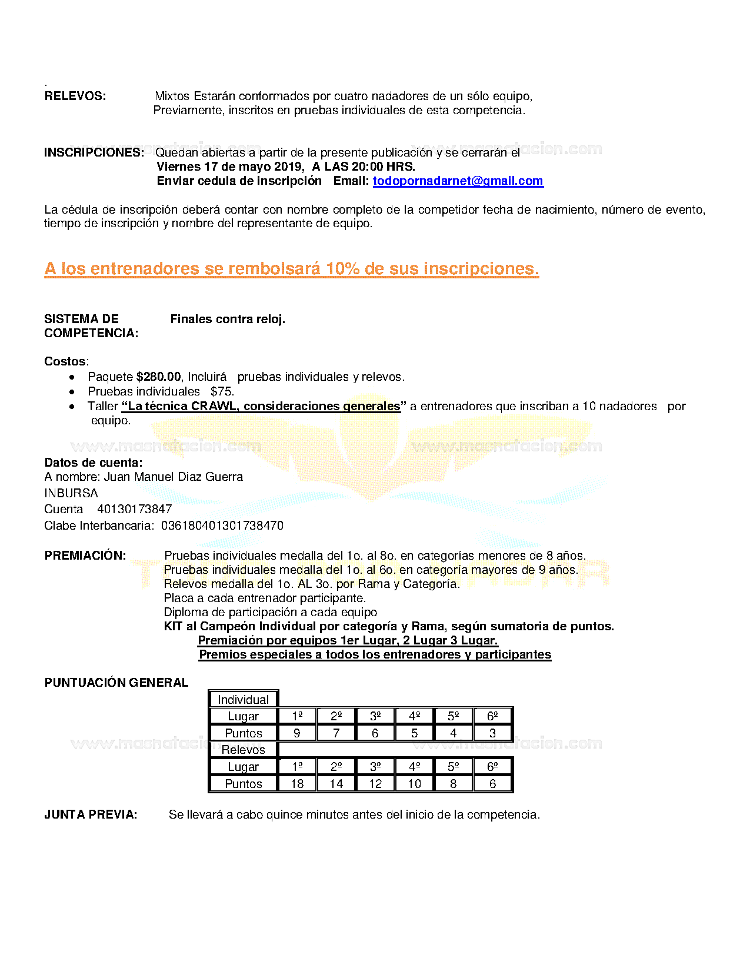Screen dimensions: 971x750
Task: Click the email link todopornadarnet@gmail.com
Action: [x=458, y=181]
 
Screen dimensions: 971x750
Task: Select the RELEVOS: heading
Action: [x=75, y=96]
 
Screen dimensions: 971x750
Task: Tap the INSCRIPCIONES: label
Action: [x=94, y=152]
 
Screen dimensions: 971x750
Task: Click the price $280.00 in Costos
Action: [x=159, y=377]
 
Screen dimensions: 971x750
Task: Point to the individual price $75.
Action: [x=222, y=391]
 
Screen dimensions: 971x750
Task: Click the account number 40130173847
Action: [x=135, y=509]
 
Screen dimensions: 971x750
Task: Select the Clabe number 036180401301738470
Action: [x=222, y=526]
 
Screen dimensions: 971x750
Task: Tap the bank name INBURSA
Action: [x=71, y=493]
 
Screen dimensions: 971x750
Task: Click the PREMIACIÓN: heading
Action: [x=85, y=556]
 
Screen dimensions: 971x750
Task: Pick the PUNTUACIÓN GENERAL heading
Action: [x=116, y=683]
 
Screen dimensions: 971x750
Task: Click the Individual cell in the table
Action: [x=243, y=700]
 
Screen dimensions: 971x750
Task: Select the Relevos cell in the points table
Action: [x=243, y=750]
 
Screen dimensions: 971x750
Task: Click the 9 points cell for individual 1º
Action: [x=297, y=733]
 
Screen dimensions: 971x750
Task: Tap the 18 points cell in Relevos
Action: [x=297, y=784]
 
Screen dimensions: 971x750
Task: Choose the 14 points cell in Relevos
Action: [x=336, y=784]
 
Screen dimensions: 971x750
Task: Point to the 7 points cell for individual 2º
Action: [x=336, y=733]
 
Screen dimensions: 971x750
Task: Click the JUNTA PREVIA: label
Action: [x=91, y=814]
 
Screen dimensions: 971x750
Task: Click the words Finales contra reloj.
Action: [x=228, y=319]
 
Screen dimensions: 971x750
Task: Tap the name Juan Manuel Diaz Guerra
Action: [x=174, y=477]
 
